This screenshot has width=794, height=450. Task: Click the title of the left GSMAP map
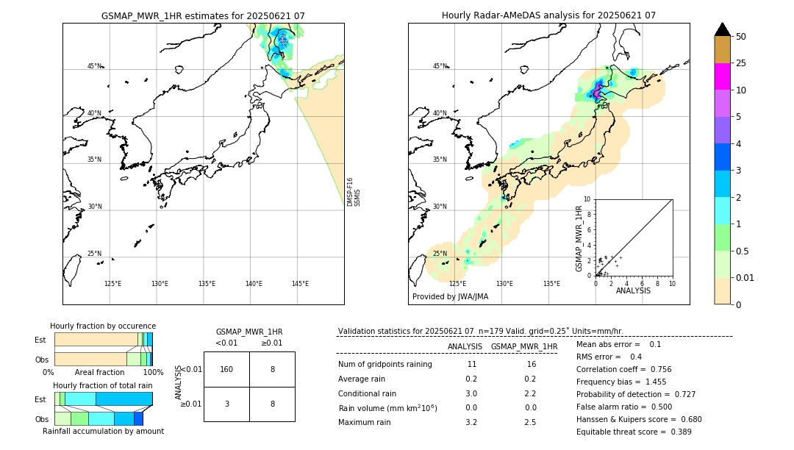pyautogui.click(x=203, y=15)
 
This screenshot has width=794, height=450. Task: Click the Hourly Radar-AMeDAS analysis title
pyautogui.click(x=548, y=15)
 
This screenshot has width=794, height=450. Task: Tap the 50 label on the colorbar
pyautogui.click(x=741, y=37)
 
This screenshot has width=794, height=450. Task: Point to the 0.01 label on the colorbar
pyautogui.click(x=745, y=277)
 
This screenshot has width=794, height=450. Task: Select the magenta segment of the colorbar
pyautogui.click(x=722, y=76)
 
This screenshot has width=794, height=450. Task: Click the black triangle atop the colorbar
pyautogui.click(x=722, y=29)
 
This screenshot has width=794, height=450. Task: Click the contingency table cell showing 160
pyautogui.click(x=226, y=369)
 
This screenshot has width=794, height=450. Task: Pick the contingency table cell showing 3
pyautogui.click(x=226, y=404)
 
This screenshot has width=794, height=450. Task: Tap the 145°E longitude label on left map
pyautogui.click(x=300, y=284)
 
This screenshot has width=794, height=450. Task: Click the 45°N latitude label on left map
pyautogui.click(x=94, y=66)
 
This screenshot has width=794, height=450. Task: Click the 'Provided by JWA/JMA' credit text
pyautogui.click(x=450, y=297)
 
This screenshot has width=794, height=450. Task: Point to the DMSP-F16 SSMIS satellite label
pyautogui.click(x=354, y=192)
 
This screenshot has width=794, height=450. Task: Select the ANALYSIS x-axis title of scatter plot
pyautogui.click(x=633, y=291)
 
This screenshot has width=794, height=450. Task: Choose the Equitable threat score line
pyautogui.click(x=634, y=432)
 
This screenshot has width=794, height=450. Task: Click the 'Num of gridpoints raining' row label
pyautogui.click(x=385, y=365)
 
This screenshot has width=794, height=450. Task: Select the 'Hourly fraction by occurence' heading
pyautogui.click(x=103, y=326)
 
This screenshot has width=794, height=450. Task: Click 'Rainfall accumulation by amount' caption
pyautogui.click(x=103, y=431)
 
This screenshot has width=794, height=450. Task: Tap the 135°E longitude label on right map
pyautogui.click(x=551, y=284)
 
